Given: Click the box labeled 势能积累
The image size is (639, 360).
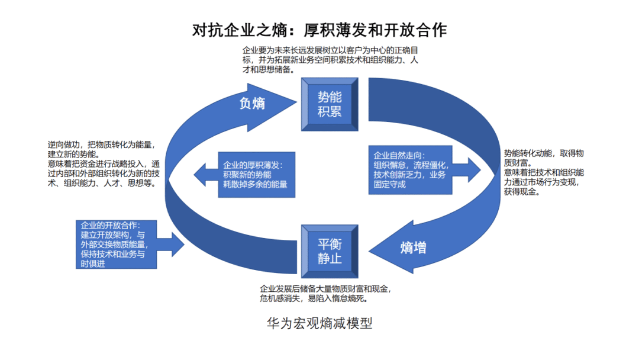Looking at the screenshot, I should pyautogui.click(x=330, y=104).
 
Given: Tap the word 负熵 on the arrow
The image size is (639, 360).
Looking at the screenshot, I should pyautogui.click(x=252, y=103).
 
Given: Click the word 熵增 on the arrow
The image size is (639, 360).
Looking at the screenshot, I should pyautogui.click(x=413, y=247).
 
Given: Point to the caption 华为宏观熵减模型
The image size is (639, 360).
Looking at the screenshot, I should pyautogui.click(x=319, y=323).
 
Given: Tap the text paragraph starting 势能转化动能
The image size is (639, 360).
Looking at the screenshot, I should pyautogui.click(x=544, y=172).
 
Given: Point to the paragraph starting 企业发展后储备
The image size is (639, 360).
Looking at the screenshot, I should pyautogui.click(x=325, y=294).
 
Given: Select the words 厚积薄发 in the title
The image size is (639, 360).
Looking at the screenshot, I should pyautogui.click(x=326, y=30).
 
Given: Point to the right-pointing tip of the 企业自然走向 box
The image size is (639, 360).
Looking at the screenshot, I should pyautogui.click(x=480, y=169).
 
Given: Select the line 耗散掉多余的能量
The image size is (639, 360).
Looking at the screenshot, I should pyautogui.click(x=256, y=184).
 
